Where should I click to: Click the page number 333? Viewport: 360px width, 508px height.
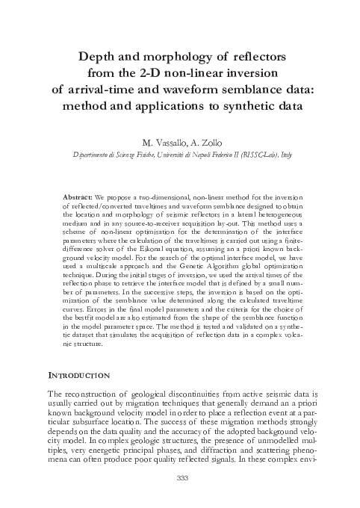point(180,478)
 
